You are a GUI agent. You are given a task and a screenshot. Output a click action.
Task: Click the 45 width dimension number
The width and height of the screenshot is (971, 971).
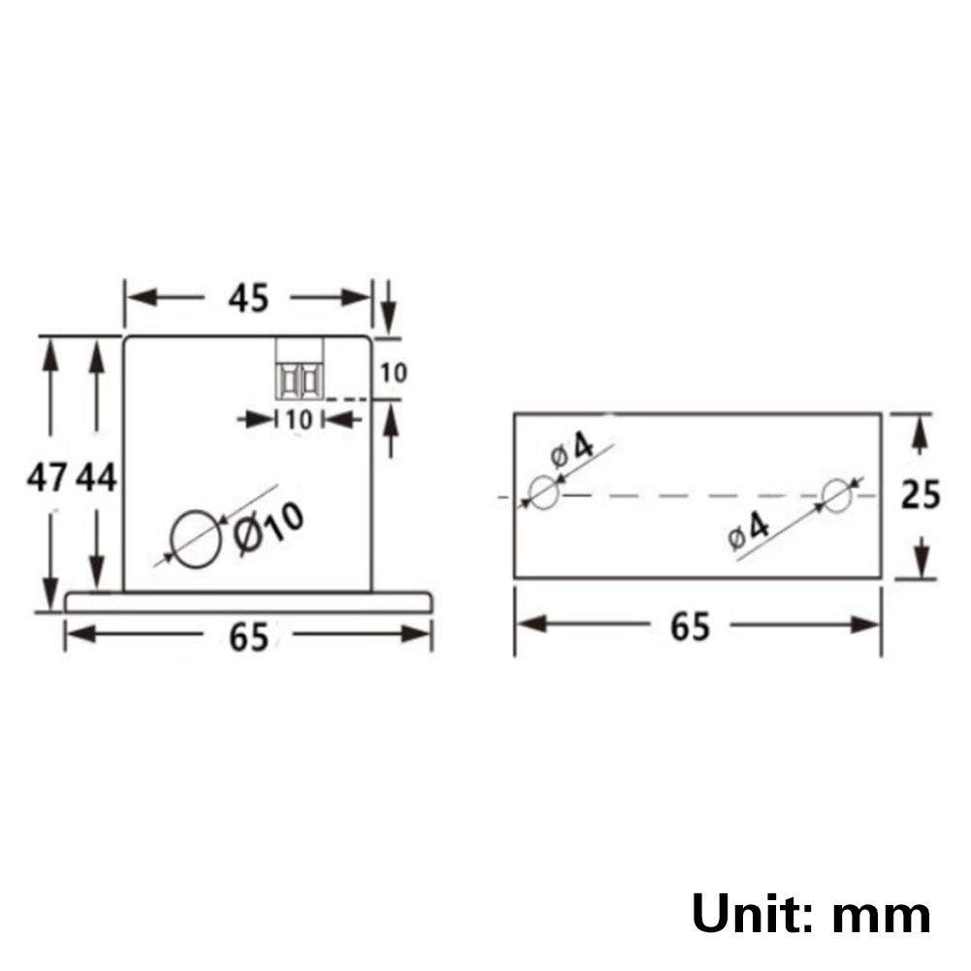pos(248,300)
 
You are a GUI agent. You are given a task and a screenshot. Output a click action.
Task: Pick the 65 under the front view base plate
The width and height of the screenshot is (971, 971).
pos(248,638)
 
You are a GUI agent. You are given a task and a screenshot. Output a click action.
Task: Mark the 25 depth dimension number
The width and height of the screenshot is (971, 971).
pos(921,495)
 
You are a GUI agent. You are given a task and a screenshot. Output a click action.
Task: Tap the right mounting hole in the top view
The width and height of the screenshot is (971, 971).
pos(836,495)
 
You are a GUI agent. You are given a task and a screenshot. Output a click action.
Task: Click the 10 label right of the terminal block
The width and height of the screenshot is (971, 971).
pos(394,372)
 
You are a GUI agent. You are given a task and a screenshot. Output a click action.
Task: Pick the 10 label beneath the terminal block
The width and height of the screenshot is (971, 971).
pos(298,420)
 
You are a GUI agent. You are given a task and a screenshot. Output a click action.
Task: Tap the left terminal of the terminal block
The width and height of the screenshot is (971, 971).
pos(288,380)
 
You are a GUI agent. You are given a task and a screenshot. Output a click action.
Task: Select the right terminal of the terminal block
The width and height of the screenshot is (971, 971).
pos(310,380)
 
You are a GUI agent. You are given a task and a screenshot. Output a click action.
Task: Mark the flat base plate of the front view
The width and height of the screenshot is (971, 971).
pos(248,601)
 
